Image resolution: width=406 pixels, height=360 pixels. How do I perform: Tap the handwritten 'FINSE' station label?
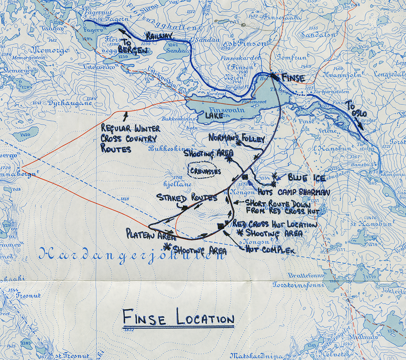294,79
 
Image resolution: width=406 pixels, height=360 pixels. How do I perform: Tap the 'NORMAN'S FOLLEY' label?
237,138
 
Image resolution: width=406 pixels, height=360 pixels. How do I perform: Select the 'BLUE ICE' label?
302,178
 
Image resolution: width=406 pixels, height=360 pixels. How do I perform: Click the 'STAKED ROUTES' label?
187,197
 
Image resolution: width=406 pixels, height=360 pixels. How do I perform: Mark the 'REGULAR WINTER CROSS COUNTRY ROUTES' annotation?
130,138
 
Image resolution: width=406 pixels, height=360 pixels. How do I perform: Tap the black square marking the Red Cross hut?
221,226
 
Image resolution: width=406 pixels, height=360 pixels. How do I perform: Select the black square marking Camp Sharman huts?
245,177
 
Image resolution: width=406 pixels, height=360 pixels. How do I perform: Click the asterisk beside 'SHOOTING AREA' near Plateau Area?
166,246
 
